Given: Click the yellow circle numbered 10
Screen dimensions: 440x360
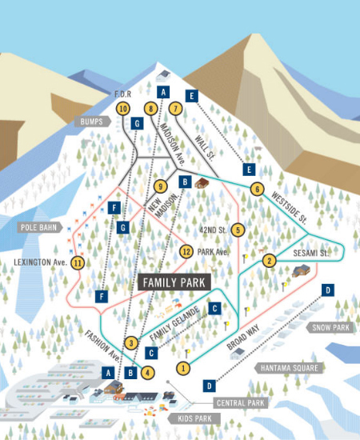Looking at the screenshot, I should (x=122, y=108).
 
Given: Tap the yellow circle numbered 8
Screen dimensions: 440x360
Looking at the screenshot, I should (x=150, y=108).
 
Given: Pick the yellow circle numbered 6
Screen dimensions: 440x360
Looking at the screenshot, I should (x=256, y=190).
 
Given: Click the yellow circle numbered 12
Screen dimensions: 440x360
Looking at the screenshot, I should (x=186, y=252).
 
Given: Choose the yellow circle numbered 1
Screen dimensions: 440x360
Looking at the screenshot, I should (x=184, y=368).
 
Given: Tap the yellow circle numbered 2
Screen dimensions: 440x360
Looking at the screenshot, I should (x=270, y=260).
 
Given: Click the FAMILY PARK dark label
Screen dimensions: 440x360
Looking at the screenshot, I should (x=174, y=282).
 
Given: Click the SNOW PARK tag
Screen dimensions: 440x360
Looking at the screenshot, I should (x=329, y=327).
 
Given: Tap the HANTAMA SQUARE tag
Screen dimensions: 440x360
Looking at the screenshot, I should (x=289, y=368).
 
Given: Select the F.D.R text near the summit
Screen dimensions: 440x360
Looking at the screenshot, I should (x=122, y=94).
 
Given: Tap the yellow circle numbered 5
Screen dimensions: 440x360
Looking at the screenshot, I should (x=238, y=230).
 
